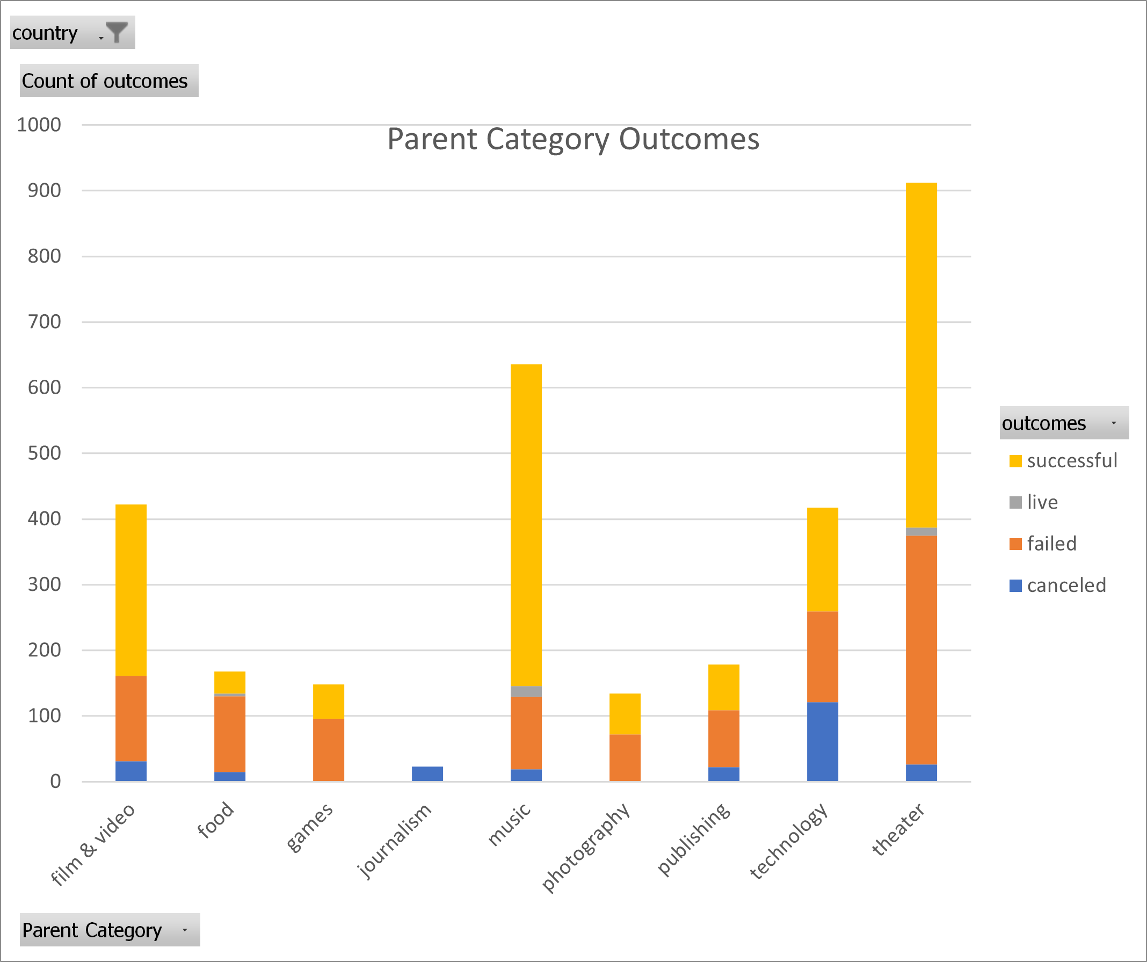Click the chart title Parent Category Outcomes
pyautogui.click(x=573, y=139)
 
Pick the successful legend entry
pyautogui.click(x=1062, y=460)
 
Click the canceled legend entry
pyautogui.click(x=1057, y=585)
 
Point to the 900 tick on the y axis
pyautogui.click(x=44, y=191)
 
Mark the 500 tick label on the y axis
pyautogui.click(x=44, y=453)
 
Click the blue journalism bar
pyautogui.click(x=427, y=773)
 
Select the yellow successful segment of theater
pyautogui.click(x=921, y=355)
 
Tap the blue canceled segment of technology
pyautogui.click(x=822, y=741)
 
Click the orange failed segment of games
pyautogui.click(x=328, y=749)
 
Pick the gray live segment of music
pyautogui.click(x=526, y=691)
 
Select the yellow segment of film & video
pyautogui.click(x=131, y=590)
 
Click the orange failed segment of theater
pyautogui.click(x=921, y=650)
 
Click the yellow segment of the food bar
pyautogui.click(x=229, y=682)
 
